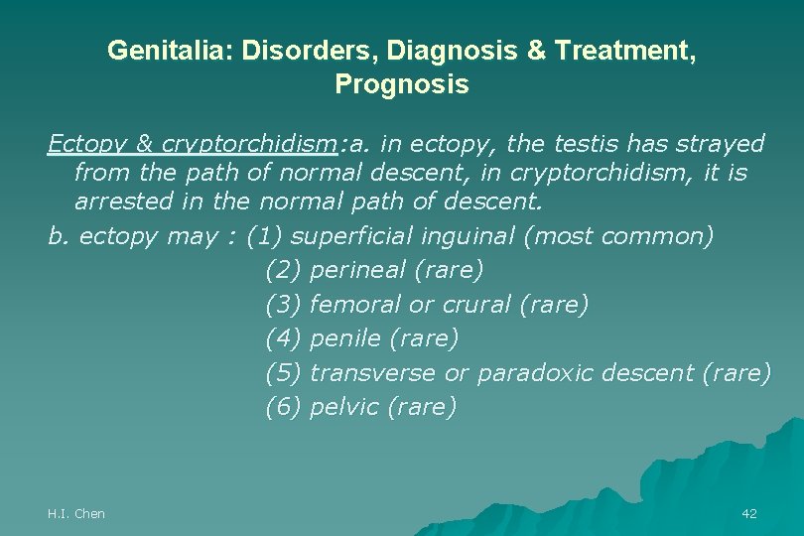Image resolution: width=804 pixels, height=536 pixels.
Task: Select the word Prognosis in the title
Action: pos(402,85)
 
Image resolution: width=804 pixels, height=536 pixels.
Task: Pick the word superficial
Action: pos(351,237)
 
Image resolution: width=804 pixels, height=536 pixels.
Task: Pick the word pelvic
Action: pos(342,408)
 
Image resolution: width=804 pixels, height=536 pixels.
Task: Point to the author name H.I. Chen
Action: pos(76,513)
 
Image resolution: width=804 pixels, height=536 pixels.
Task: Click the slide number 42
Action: pos(748,513)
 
